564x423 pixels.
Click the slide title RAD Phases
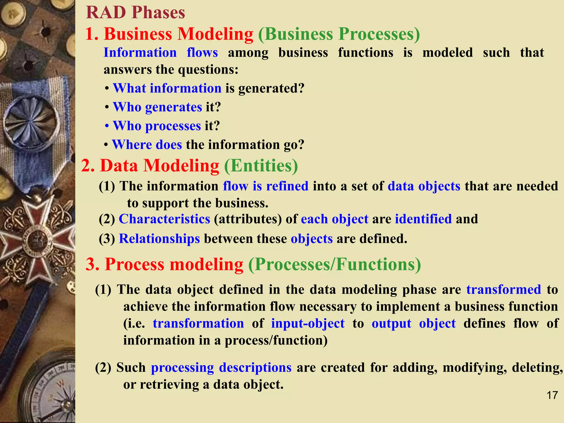[x=135, y=13]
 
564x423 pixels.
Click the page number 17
[x=552, y=395]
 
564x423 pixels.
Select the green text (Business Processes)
[x=339, y=34]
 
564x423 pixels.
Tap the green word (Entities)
[x=261, y=166]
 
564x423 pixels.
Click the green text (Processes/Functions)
[x=334, y=264]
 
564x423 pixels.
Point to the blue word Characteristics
[x=164, y=219]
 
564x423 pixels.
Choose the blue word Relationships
[x=159, y=239]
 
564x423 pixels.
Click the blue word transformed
[x=503, y=290]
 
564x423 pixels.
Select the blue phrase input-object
[x=308, y=324]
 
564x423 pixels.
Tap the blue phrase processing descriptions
[x=221, y=368]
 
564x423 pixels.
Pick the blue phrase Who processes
[x=157, y=126]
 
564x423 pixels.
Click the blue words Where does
[x=147, y=145]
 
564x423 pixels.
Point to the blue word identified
[x=423, y=219]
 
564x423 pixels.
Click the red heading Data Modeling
[x=159, y=166]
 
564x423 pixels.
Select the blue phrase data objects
[x=424, y=186]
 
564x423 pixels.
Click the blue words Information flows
[x=161, y=53]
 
